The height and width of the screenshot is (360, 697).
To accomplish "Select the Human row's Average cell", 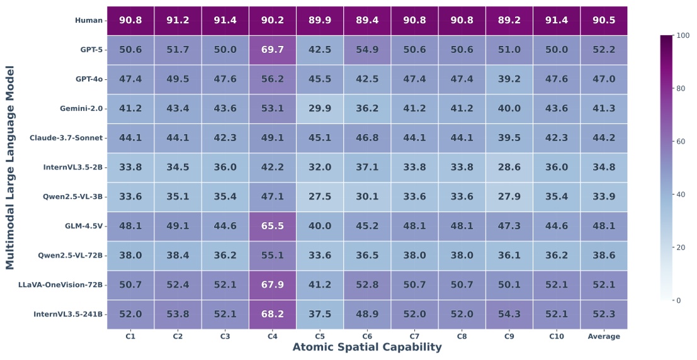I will (603, 20).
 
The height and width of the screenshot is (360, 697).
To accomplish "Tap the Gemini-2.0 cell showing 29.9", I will (319, 108).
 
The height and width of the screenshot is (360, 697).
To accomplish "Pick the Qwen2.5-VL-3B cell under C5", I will (319, 196).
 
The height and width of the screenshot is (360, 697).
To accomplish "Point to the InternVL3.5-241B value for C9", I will (509, 314).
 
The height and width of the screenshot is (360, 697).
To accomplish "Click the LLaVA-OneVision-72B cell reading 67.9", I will (272, 284).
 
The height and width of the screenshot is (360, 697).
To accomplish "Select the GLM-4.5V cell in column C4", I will (272, 226).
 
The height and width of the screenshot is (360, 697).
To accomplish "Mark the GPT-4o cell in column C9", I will (509, 79).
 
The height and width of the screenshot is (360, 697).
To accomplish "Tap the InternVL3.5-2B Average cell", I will (603, 167).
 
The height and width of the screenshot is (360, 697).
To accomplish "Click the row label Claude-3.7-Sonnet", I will (66, 138).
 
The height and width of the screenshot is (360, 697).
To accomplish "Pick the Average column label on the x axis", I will (603, 336).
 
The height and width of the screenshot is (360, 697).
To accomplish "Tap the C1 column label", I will (130, 336).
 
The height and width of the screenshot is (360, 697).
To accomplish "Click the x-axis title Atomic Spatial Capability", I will (366, 347).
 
